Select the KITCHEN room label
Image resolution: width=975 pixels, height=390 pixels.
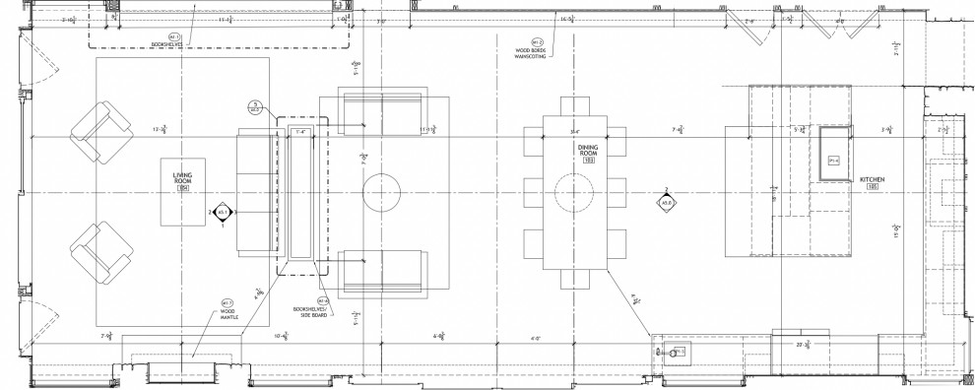point(873,180)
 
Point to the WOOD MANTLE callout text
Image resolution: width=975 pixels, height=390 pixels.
point(227,316)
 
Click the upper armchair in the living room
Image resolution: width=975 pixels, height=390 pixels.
point(99,132)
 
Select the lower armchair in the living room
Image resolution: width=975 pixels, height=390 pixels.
point(99,250)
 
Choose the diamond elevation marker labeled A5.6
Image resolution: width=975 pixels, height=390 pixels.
point(667,202)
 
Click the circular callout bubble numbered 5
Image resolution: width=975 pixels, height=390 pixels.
point(254,106)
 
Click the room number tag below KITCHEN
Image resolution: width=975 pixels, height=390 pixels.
point(873,189)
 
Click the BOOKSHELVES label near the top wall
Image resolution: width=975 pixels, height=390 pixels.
point(168,42)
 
